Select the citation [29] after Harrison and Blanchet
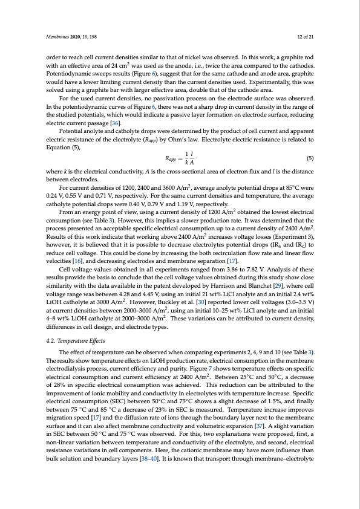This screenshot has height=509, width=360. (263, 284)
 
